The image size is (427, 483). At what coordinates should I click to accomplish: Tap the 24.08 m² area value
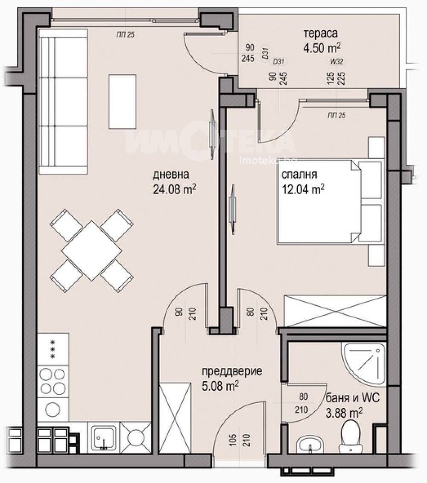(174, 189)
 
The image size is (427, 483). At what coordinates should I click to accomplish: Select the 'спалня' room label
(299, 175)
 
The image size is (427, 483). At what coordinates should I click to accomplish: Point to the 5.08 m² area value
(220, 386)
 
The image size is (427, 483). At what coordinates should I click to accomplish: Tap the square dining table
(91, 250)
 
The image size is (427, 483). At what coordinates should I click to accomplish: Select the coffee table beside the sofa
(123, 101)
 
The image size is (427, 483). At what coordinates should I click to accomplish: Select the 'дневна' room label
(171, 175)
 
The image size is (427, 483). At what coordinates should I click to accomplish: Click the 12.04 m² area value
(302, 189)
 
